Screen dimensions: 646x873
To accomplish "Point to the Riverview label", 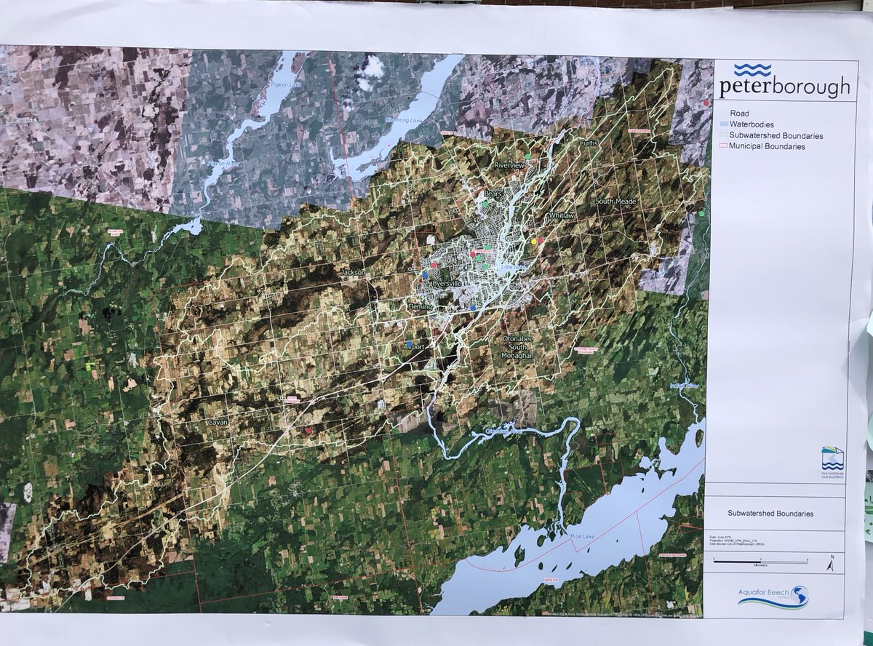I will pyautogui.click(x=509, y=166).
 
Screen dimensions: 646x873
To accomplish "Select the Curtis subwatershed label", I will pyautogui.click(x=588, y=143).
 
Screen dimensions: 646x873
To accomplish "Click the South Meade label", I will pyautogui.click(x=615, y=201).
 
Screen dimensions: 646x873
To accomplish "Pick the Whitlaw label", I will pyautogui.click(x=562, y=217).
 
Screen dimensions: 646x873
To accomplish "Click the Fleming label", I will pyautogui.click(x=420, y=307).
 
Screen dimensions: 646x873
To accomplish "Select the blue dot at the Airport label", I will pyautogui.click(x=409, y=343).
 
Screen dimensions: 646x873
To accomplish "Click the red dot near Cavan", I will pyautogui.click(x=309, y=431).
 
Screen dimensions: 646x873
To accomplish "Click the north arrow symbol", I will pyautogui.click(x=832, y=563).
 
